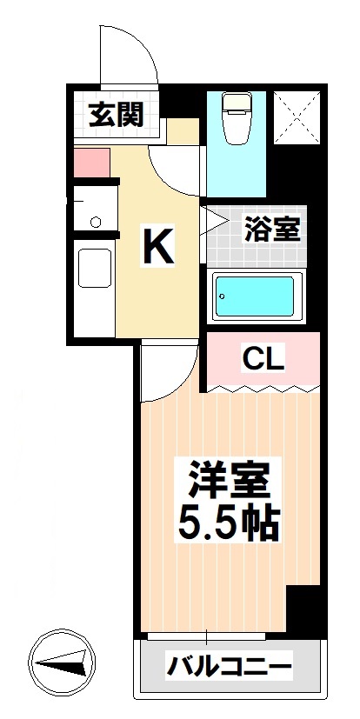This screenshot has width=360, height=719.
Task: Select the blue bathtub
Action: [257, 296]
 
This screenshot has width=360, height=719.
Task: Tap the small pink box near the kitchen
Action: [90, 163]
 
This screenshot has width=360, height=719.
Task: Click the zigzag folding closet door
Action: [261, 385]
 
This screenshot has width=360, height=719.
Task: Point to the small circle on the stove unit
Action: [95, 221]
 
